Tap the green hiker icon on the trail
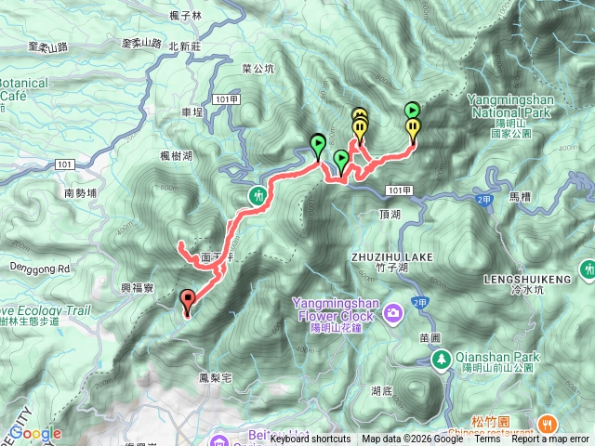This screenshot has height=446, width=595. (x=258, y=195)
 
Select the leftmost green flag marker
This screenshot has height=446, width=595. (x=319, y=144)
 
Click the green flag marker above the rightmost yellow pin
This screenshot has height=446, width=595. (x=412, y=111)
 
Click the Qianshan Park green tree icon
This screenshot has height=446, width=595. (x=439, y=359)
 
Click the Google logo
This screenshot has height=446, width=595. (x=35, y=433)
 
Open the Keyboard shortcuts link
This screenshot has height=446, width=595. (x=310, y=439)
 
